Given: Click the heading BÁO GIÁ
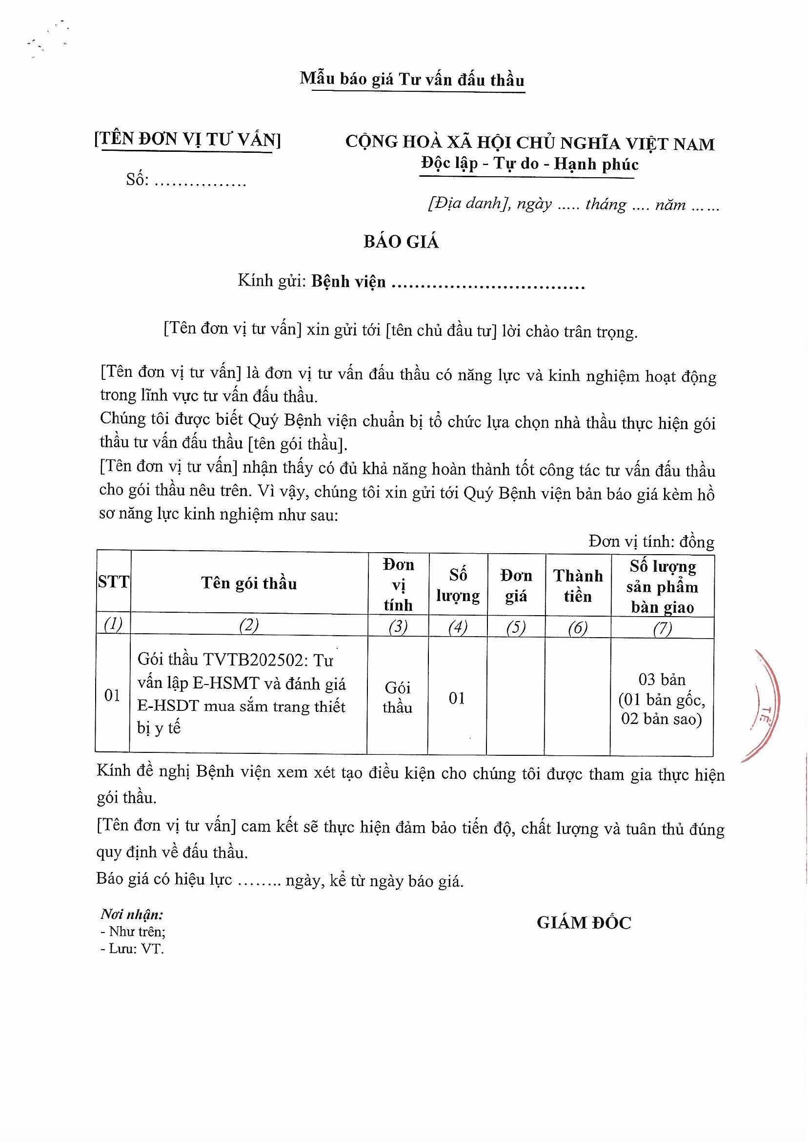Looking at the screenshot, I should click(x=401, y=242).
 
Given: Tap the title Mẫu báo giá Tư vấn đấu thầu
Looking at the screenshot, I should click(x=412, y=80).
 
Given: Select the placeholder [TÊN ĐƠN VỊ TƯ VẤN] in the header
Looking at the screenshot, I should click(x=187, y=139).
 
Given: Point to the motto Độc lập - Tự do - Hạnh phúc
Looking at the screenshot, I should click(x=529, y=164).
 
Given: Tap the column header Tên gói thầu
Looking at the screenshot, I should click(x=249, y=583).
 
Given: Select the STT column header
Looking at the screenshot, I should click(x=113, y=581).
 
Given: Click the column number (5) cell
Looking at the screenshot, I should click(x=516, y=628).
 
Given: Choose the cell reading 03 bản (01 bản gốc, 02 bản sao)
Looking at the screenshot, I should click(x=662, y=700).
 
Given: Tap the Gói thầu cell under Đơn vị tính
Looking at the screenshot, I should click(x=398, y=697).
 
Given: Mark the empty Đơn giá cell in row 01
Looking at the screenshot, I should click(x=515, y=697).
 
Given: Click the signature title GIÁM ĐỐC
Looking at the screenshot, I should click(x=584, y=922).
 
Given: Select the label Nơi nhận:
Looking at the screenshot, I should click(x=132, y=914).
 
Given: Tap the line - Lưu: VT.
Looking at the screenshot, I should click(x=132, y=949).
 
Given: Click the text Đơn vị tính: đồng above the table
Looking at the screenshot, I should click(x=651, y=541).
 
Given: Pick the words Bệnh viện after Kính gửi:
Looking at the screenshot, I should click(x=348, y=282).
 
